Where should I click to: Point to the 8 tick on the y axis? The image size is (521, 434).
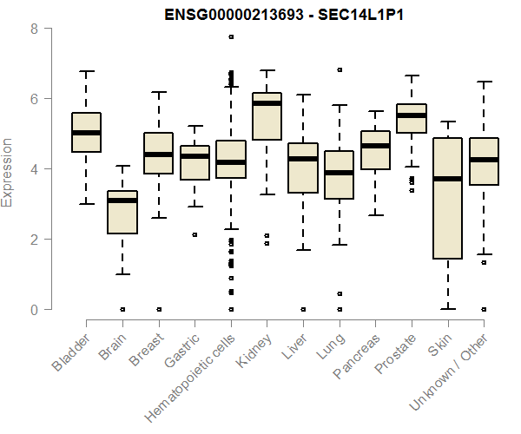click(34, 29)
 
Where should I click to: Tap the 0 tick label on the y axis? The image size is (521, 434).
click(34, 309)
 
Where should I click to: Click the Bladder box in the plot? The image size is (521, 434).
click(86, 132)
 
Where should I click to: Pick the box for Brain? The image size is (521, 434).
click(122, 213)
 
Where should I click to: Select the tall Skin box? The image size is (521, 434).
click(447, 198)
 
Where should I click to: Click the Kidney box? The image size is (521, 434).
click(267, 116)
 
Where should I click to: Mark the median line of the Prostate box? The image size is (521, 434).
click(411, 115)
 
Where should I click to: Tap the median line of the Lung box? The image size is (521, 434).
click(339, 173)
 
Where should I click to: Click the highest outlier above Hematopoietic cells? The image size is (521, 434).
click(231, 36)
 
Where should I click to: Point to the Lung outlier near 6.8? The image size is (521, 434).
click(340, 69)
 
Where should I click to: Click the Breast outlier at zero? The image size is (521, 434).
click(158, 309)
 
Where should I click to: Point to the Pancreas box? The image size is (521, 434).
click(375, 150)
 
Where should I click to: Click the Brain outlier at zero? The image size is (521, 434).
click(122, 309)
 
